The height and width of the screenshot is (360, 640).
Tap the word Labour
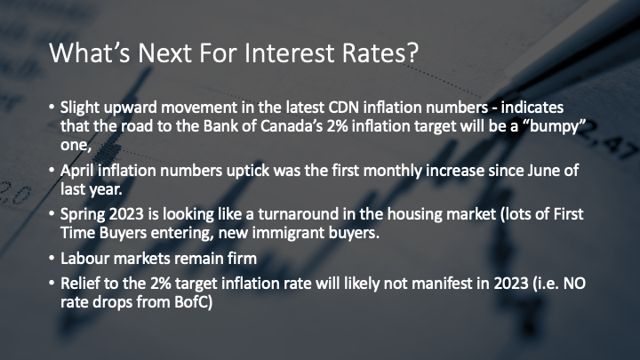tap(84, 259)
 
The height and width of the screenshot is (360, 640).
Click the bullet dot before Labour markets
tap(52, 259)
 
